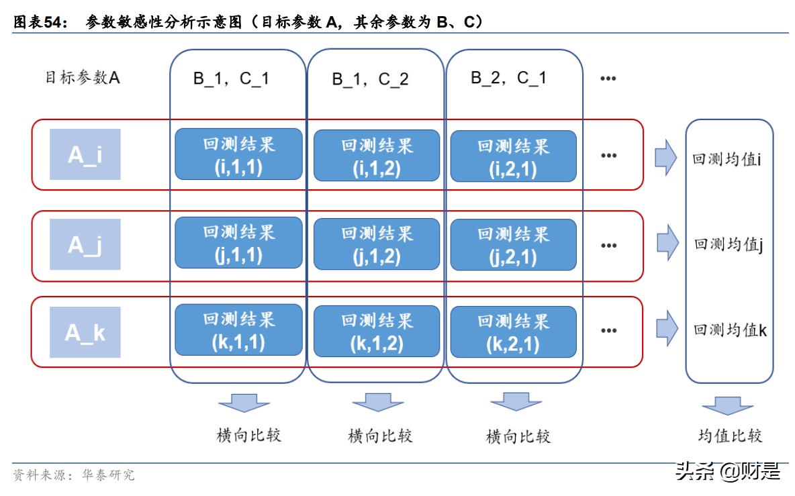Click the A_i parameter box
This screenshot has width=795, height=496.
(85, 154)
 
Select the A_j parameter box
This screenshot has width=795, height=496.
(85, 244)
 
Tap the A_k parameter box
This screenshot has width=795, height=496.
(85, 332)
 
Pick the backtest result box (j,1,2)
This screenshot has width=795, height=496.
(377, 244)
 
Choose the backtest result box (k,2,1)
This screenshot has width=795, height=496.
(513, 332)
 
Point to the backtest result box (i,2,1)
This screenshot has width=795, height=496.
(513, 156)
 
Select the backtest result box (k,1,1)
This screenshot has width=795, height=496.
(238, 330)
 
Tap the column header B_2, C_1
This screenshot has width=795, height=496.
(508, 78)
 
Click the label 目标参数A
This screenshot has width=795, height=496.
(83, 78)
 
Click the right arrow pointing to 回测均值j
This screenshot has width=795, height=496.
(667, 243)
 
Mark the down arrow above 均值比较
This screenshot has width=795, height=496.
(727, 406)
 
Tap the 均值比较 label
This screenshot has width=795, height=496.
(730, 436)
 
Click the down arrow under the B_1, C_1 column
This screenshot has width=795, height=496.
(244, 403)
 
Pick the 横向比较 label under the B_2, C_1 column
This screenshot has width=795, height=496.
(518, 437)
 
